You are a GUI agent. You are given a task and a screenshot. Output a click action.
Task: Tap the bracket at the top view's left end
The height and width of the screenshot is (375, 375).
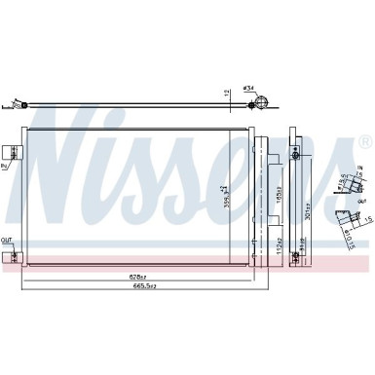(16, 100)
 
